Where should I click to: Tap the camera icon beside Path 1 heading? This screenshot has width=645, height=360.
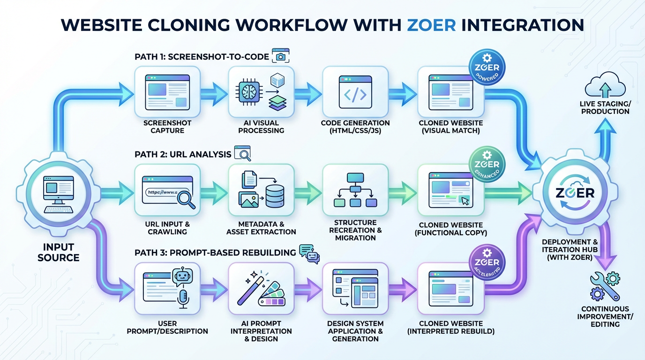click(x=281, y=57)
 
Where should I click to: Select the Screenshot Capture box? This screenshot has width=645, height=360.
click(x=167, y=91)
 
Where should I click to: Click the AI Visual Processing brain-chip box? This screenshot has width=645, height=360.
click(x=261, y=91)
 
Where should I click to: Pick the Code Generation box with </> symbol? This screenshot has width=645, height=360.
click(x=355, y=91)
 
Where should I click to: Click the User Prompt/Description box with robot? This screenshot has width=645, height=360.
click(x=167, y=287)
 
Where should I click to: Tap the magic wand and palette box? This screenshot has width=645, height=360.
click(x=261, y=287)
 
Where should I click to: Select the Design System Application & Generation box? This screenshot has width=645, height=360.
click(x=355, y=287)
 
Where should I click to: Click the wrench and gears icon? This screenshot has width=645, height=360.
click(x=606, y=287)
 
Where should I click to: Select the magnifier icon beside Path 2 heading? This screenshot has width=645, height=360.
click(x=242, y=153)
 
